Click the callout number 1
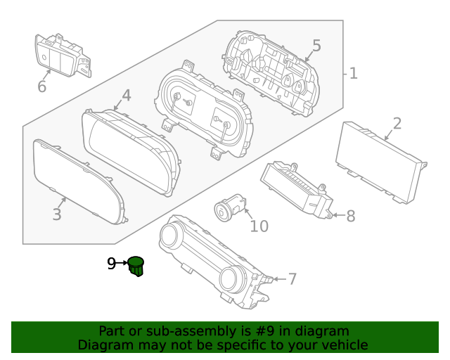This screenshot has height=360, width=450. pyautogui.click(x=353, y=73)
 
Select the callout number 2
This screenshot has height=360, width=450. pyautogui.click(x=397, y=124)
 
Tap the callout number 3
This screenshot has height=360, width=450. pyautogui.click(x=57, y=214)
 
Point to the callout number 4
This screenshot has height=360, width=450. pyautogui.click(x=126, y=95)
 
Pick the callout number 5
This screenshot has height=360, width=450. pyautogui.click(x=316, y=46)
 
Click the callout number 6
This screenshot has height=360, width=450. pyautogui.click(x=41, y=86)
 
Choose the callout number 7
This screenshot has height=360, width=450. pyautogui.click(x=292, y=279)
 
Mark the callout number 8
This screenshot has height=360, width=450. pyautogui.click(x=350, y=216)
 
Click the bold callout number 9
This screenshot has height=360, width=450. pyautogui.click(x=111, y=264)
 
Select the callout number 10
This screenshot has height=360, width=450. pyautogui.click(x=259, y=226)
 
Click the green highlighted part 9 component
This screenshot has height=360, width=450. pyautogui.click(x=136, y=266)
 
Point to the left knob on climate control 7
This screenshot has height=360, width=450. pyautogui.click(x=171, y=238)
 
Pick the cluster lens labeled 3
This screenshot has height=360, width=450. pyautogui.click(x=77, y=181)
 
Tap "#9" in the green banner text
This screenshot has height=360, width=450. pyautogui.click(x=276, y=330)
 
